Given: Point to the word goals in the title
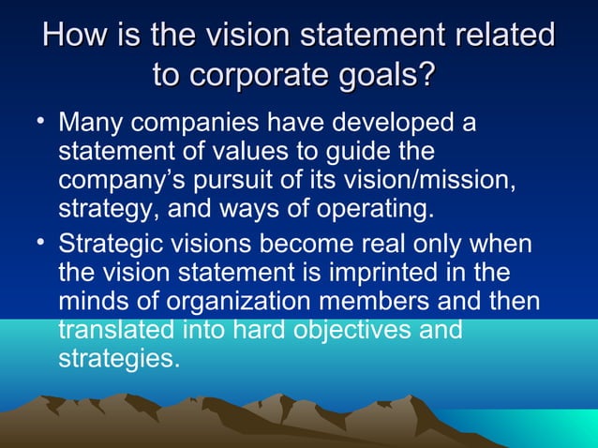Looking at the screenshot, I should pyautogui.click(x=390, y=75).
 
